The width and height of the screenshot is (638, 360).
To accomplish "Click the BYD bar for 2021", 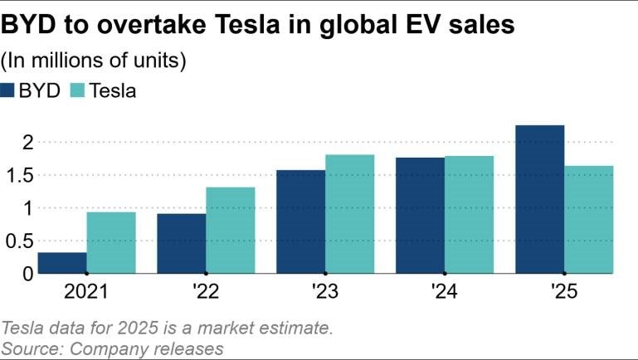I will [62, 263].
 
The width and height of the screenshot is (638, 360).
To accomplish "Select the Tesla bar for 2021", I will [111, 242].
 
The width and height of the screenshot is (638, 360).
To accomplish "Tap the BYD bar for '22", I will [182, 243].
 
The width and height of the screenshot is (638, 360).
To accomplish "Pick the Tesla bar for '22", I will [231, 230].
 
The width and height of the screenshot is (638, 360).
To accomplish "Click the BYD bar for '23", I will [300, 221].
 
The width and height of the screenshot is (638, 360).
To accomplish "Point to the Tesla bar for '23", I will [349, 214].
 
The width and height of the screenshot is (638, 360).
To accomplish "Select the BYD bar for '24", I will [420, 216].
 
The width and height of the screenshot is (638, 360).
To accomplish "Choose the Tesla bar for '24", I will [469, 215].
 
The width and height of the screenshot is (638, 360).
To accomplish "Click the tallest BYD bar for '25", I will [539, 199].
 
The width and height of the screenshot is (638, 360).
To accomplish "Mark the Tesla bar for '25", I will [589, 219].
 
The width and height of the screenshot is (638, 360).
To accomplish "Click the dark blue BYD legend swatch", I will [10, 91].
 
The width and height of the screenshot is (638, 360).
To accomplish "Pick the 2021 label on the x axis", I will [86, 292].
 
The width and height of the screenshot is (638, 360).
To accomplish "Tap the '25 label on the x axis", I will [565, 292].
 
